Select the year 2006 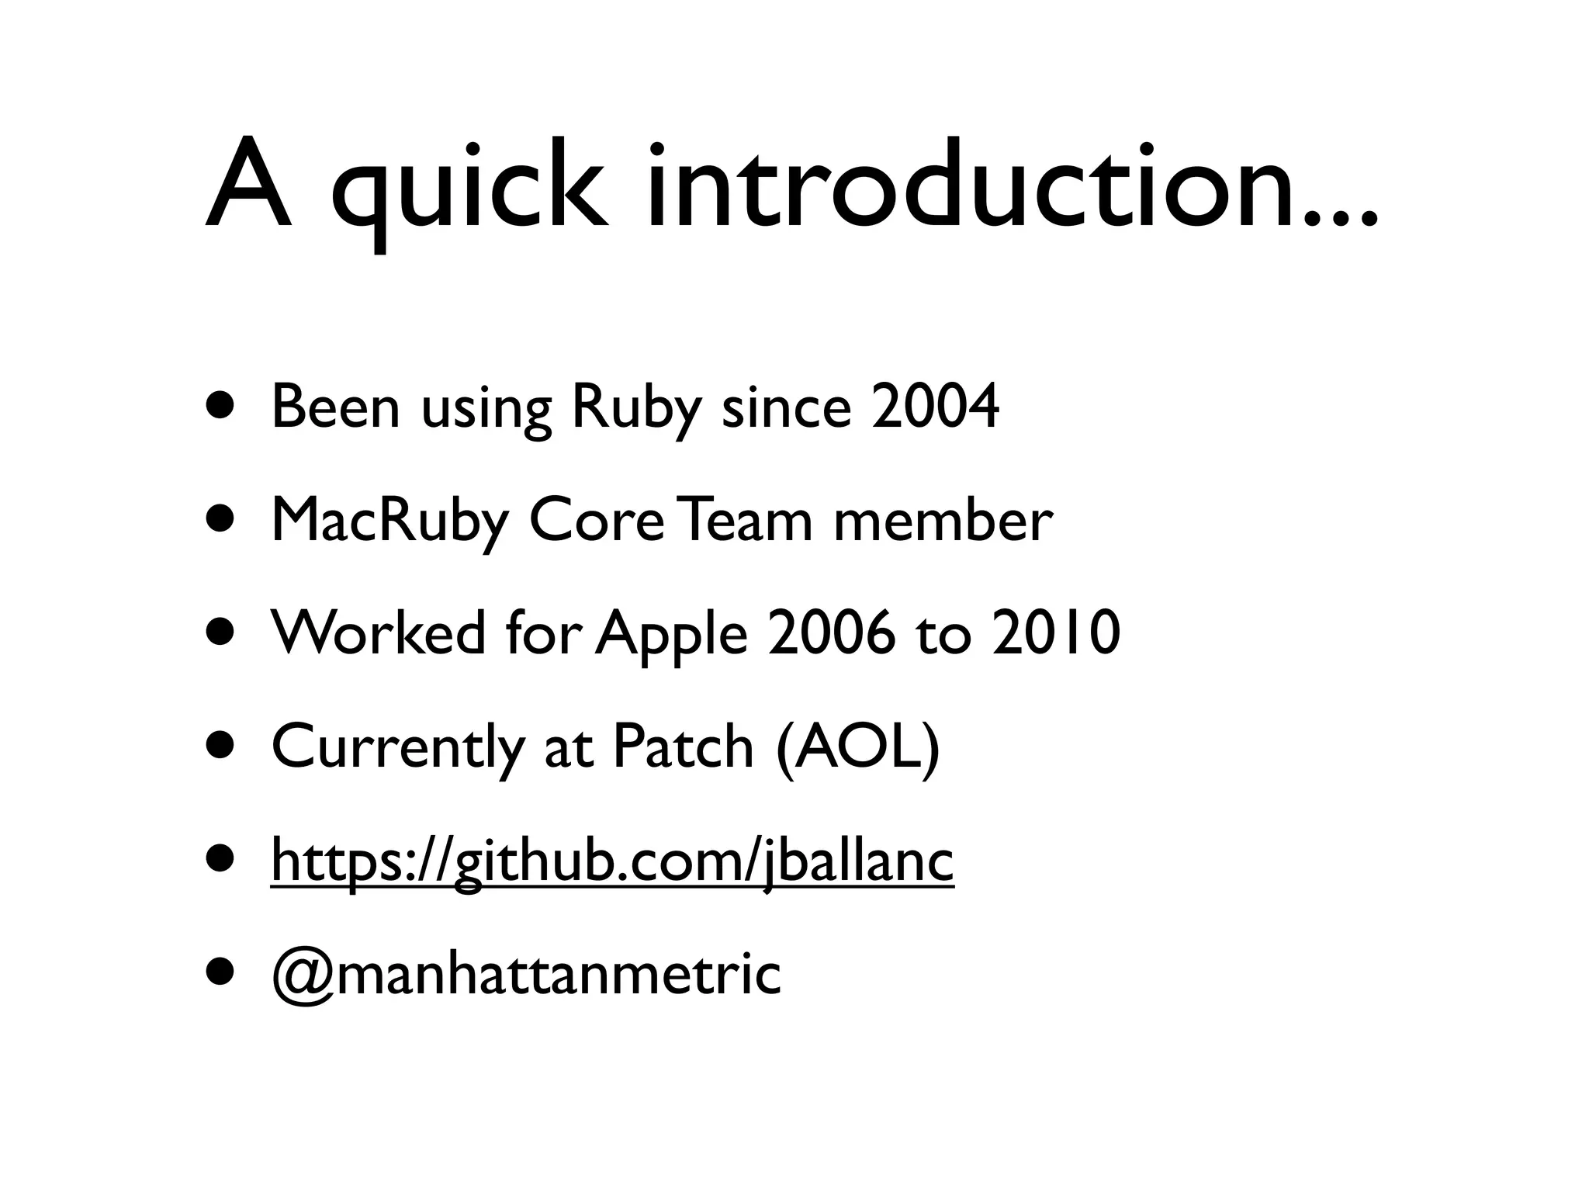click(x=831, y=632)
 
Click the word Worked click(x=379, y=632)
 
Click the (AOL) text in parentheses click(x=857, y=746)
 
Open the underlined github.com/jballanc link click(x=612, y=861)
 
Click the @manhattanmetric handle click(x=526, y=974)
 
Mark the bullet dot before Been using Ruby click(x=220, y=407)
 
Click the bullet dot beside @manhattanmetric click(x=220, y=973)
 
